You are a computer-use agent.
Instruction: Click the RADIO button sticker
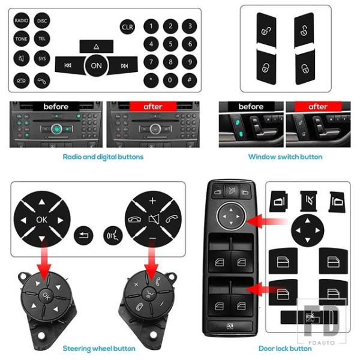(x=22, y=20)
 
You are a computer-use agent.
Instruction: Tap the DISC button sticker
(x=42, y=21)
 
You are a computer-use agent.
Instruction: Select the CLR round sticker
(x=127, y=27)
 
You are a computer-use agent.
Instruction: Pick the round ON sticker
(x=96, y=65)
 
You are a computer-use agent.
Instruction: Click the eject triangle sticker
(x=97, y=47)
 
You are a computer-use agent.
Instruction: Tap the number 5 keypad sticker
(x=170, y=44)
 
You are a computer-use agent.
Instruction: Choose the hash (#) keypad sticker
(x=190, y=80)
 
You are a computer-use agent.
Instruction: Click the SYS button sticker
(x=42, y=58)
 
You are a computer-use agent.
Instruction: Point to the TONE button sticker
(x=22, y=39)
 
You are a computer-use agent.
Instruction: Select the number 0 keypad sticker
(x=170, y=80)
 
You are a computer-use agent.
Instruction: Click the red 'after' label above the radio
(x=153, y=107)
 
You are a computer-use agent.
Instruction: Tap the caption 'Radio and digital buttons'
(x=103, y=157)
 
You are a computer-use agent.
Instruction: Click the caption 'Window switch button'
(x=286, y=157)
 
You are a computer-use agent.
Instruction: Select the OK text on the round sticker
(x=42, y=220)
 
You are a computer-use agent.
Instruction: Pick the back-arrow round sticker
(x=83, y=235)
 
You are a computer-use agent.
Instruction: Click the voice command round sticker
(x=113, y=235)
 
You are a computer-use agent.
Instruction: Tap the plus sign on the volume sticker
(x=152, y=201)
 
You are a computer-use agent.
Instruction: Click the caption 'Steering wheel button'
(x=99, y=349)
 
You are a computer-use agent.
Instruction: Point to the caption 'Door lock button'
(x=285, y=349)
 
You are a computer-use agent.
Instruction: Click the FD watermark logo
(x=322, y=320)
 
